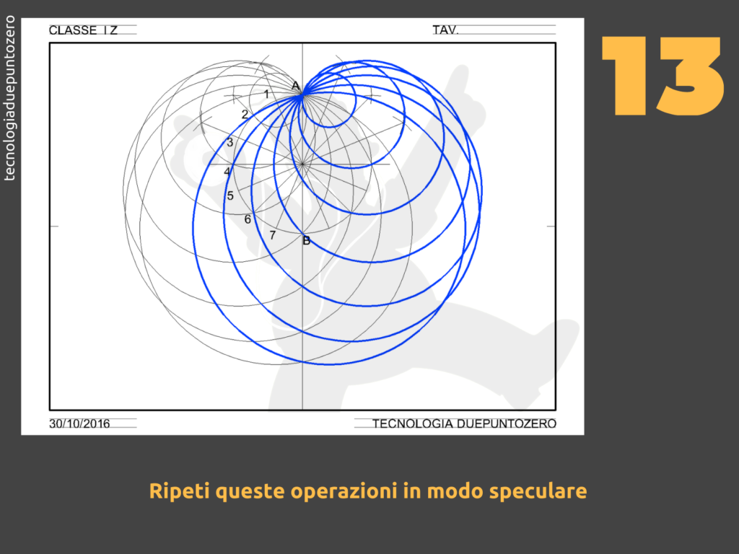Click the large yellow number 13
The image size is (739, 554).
tap(663, 76)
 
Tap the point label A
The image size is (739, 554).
tap(295, 86)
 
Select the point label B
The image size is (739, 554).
tap(306, 241)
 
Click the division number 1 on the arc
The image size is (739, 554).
tap(266, 94)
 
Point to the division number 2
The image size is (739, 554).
tap(245, 114)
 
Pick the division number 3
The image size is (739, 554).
tap(230, 142)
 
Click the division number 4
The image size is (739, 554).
tap(227, 172)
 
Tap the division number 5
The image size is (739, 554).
tap(230, 195)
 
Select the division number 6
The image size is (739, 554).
tap(248, 219)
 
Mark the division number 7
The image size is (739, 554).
tap(272, 234)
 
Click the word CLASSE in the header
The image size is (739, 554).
tap(73, 30)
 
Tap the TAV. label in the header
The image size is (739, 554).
tap(445, 30)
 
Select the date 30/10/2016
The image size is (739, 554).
tap(79, 423)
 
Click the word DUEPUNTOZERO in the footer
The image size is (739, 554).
tap(506, 423)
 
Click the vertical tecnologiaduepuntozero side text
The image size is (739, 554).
tap(9, 98)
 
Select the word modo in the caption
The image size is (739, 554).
tap(455, 491)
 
